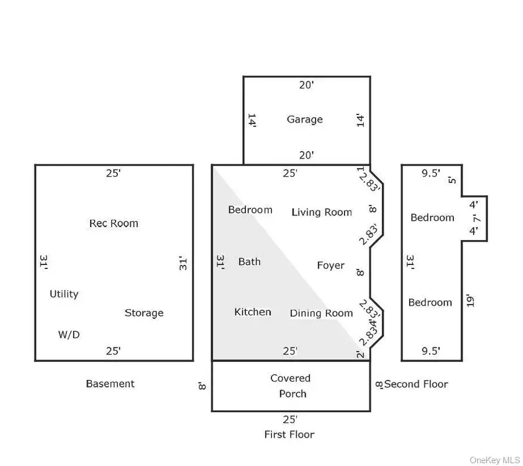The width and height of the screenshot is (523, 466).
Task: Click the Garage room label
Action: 305,120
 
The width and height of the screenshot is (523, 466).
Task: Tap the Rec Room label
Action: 114,223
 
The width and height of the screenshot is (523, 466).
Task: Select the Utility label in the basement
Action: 64,294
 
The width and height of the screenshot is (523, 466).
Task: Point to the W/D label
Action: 69,335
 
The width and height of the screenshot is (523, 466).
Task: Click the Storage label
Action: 144,313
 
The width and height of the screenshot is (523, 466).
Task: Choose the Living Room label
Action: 321,212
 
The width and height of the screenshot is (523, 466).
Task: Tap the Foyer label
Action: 331,266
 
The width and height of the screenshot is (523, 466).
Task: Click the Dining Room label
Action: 321,313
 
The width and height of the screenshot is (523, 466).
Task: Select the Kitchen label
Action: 252,312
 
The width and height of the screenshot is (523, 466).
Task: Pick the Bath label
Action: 249,261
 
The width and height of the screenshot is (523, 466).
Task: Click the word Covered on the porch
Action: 291,378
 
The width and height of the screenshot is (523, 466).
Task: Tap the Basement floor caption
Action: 110,383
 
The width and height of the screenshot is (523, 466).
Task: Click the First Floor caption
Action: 289,435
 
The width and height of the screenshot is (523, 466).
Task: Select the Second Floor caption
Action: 416,384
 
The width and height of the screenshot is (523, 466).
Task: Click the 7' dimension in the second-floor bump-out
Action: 475,218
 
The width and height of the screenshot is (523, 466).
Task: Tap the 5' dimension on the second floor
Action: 453,180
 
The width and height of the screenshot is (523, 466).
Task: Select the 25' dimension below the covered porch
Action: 290,419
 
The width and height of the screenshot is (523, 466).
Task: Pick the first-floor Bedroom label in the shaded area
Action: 250,210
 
